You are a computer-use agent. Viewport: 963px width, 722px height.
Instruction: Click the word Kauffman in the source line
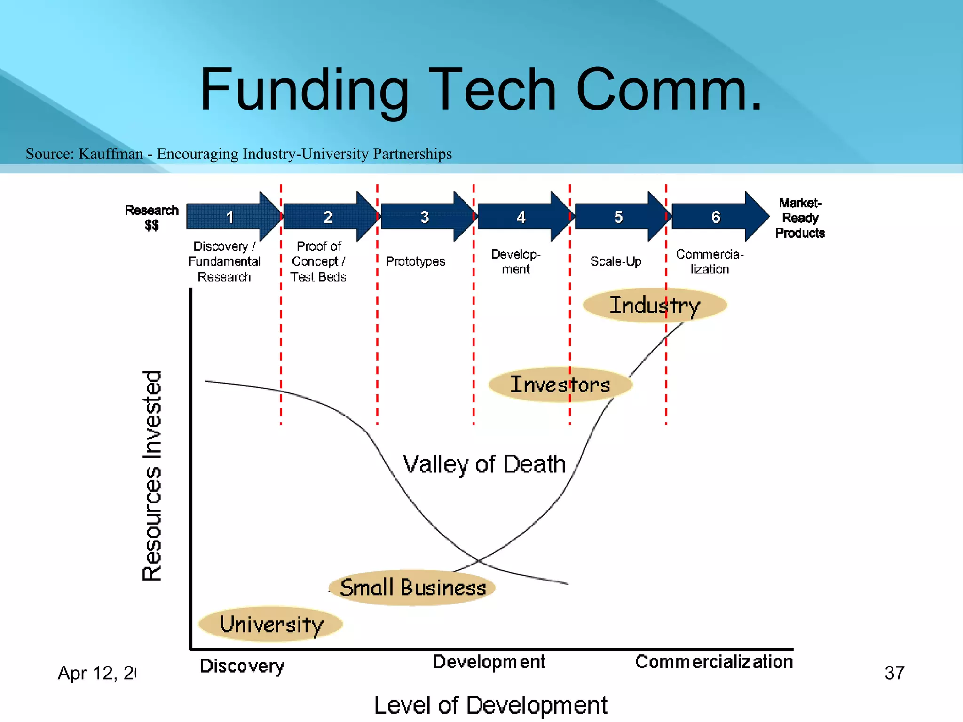pos(111,154)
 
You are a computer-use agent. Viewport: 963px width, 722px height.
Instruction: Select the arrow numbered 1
pos(230,217)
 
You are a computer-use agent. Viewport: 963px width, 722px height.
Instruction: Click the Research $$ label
pos(151,217)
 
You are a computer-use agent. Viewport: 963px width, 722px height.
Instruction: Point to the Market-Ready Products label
pos(799,218)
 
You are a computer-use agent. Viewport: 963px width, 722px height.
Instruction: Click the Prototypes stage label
pos(415,261)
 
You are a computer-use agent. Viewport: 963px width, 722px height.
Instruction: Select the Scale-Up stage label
pos(616,261)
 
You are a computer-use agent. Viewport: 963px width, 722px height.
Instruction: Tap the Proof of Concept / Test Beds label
pos(318,261)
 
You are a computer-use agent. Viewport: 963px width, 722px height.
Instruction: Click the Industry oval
pos(655,306)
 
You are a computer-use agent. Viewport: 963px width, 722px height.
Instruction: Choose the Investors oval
pos(560,385)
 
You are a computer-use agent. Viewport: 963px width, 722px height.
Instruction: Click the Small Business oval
pos(412,588)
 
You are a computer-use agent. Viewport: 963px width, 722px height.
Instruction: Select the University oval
pos(271,624)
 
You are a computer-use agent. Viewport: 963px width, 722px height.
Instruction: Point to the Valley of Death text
pos(484,464)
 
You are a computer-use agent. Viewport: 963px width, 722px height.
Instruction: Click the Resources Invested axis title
pos(152,476)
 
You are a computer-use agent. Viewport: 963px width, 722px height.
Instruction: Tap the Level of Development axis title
pos(490,705)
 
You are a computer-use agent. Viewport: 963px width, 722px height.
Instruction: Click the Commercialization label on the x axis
pos(714,662)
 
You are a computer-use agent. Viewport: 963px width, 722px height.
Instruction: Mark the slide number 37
pos(894,673)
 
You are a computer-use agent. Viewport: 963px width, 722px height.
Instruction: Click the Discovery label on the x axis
pos(242,666)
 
